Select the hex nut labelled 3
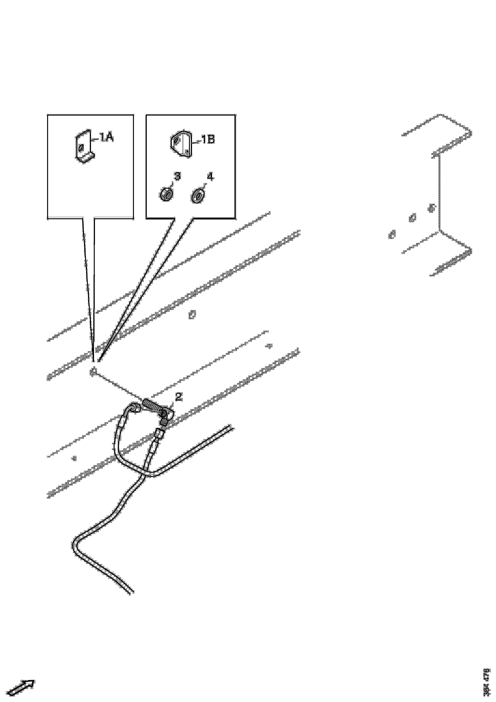tap(166, 194)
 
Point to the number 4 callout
tap(210, 176)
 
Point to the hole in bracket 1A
tap(81, 148)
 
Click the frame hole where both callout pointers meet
tap(94, 371)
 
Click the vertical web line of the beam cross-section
tap(440, 193)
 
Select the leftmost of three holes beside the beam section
tap(392, 235)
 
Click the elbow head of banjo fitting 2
tap(166, 415)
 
